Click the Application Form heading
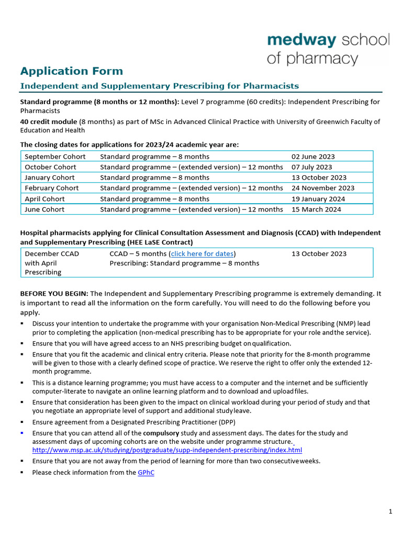pyautogui.click(x=72, y=71)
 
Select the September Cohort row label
pyautogui.click(x=55, y=157)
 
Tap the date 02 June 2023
pyautogui.click(x=313, y=157)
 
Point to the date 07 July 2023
pyautogui.click(x=311, y=167)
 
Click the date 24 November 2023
pyautogui.click(x=322, y=188)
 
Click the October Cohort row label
pyautogui.click(x=50, y=167)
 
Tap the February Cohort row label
pyautogui.click(x=52, y=188)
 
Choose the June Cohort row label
pyautogui.click(x=44, y=209)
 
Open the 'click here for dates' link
pyautogui.click(x=202, y=254)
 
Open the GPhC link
pyautogui.click(x=146, y=473)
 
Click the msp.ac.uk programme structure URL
pyautogui.click(x=167, y=450)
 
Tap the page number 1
pyautogui.click(x=390, y=512)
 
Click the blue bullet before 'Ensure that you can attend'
pyautogui.click(x=22, y=433)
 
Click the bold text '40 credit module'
pyautogui.click(x=48, y=121)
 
